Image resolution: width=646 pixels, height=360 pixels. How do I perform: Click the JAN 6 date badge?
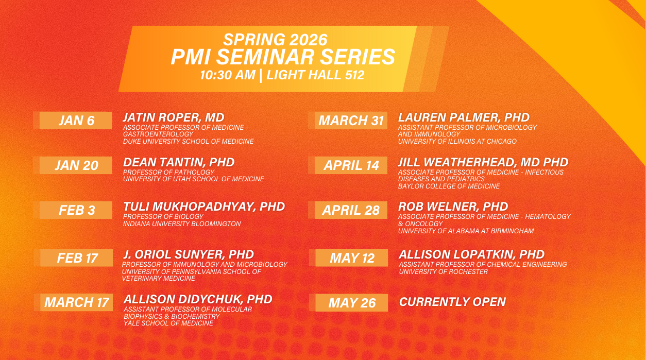point(76,121)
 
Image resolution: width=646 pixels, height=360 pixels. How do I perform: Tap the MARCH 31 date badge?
point(351,121)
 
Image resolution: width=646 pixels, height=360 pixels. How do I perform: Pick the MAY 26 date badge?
point(352,303)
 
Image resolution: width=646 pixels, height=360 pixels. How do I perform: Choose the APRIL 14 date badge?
point(351,165)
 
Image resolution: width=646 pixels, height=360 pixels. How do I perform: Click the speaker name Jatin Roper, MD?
point(174,117)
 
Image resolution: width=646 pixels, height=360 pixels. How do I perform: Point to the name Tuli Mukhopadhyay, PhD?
point(204,207)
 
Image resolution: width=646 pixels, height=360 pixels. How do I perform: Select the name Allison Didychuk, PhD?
point(198,299)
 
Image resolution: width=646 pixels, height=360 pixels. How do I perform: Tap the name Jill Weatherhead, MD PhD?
point(483,162)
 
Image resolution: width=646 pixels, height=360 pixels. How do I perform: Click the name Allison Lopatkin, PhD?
point(471,254)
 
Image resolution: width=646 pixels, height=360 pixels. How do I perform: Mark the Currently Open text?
point(452,302)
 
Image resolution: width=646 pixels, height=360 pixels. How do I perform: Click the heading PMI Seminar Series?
point(283,57)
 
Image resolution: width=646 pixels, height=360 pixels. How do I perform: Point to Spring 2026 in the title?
point(276,39)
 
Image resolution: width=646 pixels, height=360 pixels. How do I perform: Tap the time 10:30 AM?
point(228,75)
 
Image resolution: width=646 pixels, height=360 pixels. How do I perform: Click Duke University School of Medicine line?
point(188,141)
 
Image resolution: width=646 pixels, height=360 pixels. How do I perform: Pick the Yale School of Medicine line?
point(168,323)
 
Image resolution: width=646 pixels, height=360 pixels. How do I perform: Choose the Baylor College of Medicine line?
point(449,186)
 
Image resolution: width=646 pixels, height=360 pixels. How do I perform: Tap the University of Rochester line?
point(443,271)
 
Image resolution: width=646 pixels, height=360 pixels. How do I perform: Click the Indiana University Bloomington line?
point(182,224)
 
